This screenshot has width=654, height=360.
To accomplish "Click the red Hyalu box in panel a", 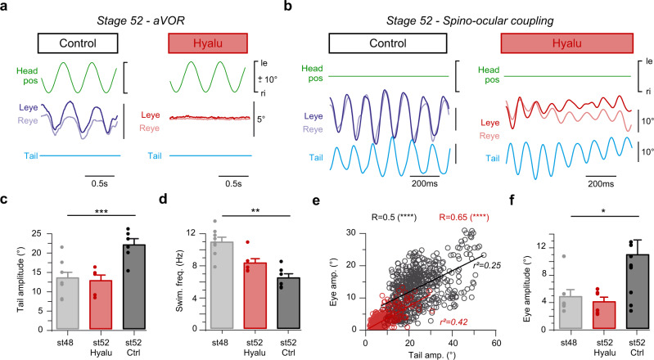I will [x=203, y=42].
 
